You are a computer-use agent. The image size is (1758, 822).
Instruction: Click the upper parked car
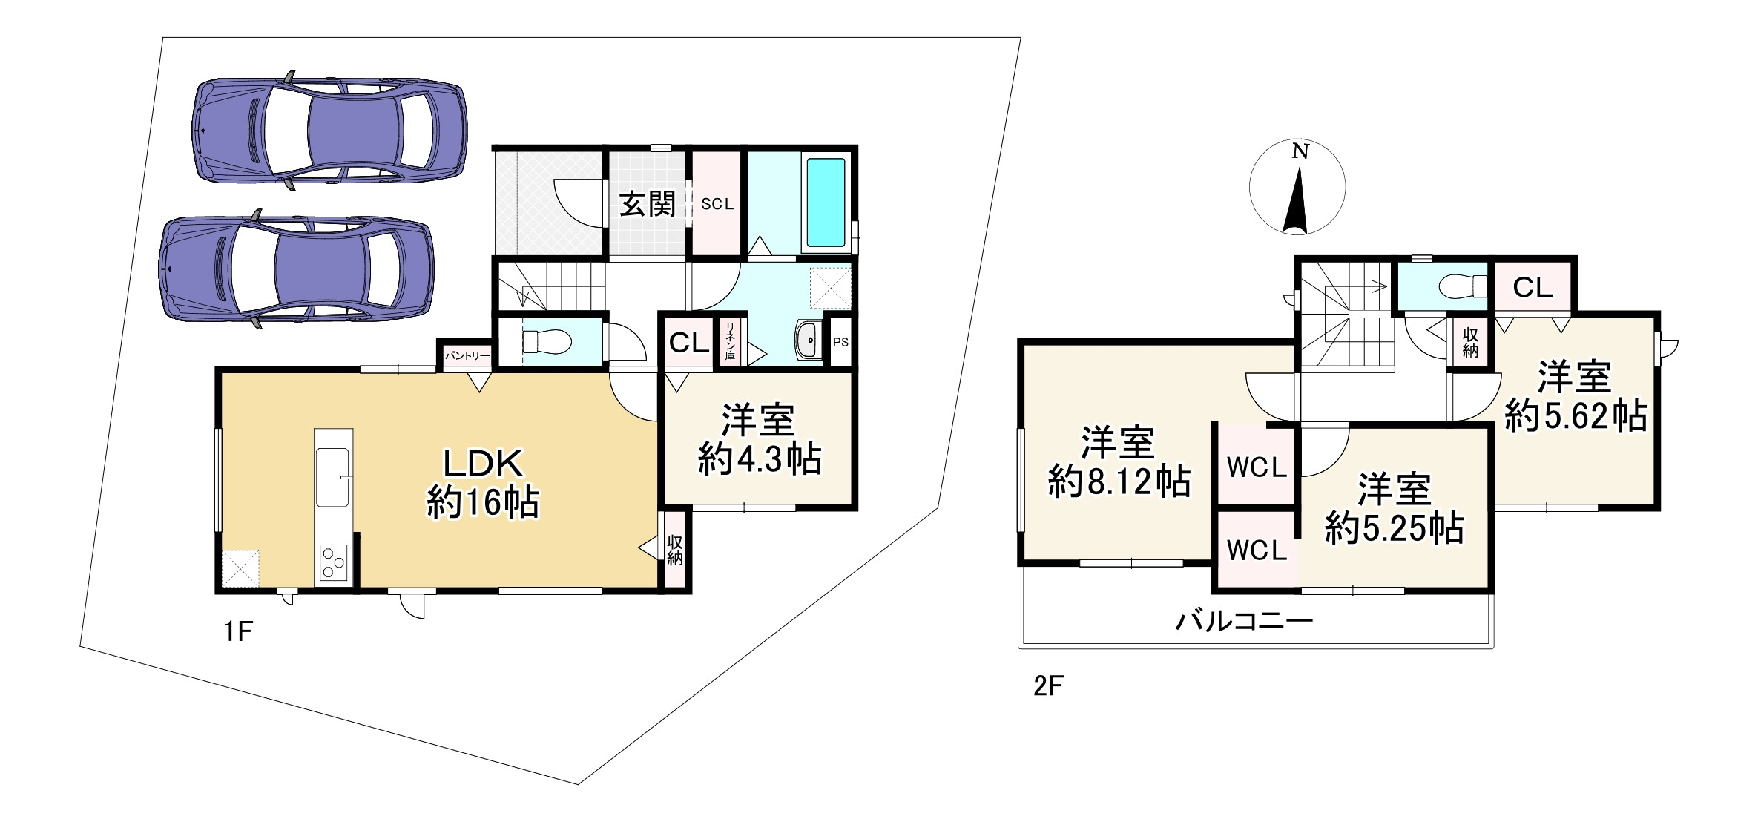pos(329,131)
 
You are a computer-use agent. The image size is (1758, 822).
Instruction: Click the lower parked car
pos(297,269)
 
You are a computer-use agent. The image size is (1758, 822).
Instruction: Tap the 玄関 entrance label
pos(648,204)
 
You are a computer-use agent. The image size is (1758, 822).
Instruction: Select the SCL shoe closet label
pos(717,204)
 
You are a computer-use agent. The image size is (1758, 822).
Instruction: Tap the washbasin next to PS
pos(809,341)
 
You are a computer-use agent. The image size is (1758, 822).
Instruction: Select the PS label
pos(840,343)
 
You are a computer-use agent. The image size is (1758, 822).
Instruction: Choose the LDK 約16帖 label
pos(483,483)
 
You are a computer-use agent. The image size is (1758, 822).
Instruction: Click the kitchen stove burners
pos(333,562)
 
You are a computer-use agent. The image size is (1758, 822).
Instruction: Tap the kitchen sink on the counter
pos(333,466)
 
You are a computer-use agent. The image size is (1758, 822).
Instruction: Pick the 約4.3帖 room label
pos(759,460)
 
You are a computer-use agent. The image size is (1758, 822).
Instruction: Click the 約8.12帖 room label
pos(1119,482)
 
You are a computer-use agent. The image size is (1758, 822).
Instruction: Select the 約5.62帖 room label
pos(1576,416)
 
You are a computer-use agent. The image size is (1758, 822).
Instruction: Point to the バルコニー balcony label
pos(1244,620)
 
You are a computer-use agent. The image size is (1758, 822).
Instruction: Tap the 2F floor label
pos(1048,686)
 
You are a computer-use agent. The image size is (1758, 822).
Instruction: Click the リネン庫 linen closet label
pos(730,342)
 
